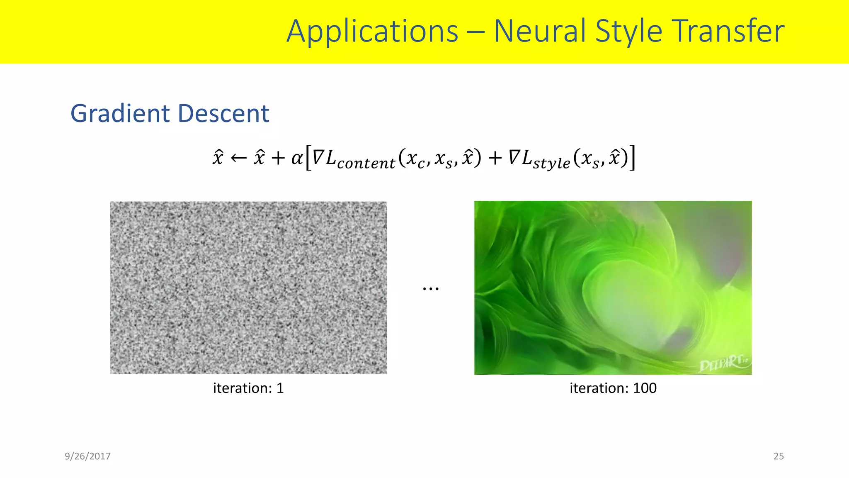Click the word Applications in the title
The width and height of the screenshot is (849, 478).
tap(372, 32)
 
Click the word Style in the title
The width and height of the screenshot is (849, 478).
tap(628, 32)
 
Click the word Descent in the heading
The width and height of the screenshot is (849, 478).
tap(224, 113)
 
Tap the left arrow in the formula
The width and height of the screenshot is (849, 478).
tap(238, 158)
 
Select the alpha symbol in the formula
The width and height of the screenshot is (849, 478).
tap(297, 158)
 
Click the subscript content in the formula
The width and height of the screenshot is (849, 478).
tap(366, 163)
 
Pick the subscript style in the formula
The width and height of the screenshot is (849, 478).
tap(551, 163)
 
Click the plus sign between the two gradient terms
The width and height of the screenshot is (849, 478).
tap(495, 159)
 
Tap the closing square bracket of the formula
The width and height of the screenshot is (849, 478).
tap(632, 158)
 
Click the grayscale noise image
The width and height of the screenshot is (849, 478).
tap(248, 288)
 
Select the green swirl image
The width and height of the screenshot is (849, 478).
tap(613, 288)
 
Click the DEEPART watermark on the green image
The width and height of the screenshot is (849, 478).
tap(723, 363)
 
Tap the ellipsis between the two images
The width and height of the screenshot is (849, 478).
tap(431, 288)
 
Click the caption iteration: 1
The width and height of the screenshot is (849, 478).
tap(248, 388)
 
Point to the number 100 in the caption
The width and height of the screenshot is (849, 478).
tap(645, 388)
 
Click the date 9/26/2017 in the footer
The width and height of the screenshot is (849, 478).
tap(87, 456)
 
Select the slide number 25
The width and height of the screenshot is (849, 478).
tap(779, 456)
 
